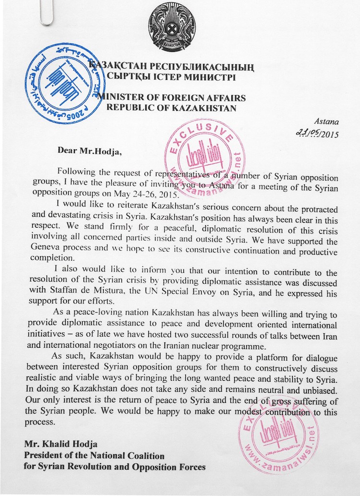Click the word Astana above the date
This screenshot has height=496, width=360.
click(x=327, y=123)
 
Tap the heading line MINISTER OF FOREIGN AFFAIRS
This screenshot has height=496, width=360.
click(x=172, y=97)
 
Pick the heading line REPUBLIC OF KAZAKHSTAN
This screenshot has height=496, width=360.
click(x=172, y=108)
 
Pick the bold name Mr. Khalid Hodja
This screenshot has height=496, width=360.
click(x=66, y=446)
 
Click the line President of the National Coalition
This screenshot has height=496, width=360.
click(x=94, y=456)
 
